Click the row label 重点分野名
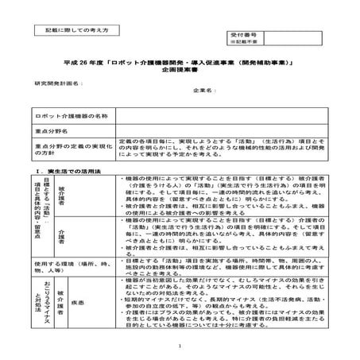52,130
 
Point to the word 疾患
98,303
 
